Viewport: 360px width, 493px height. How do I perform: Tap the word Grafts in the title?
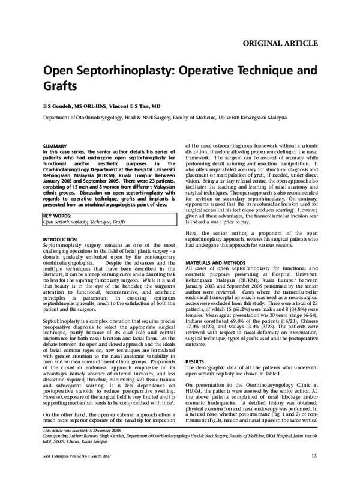click(x=59, y=86)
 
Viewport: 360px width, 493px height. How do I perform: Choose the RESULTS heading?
click(x=194, y=361)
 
